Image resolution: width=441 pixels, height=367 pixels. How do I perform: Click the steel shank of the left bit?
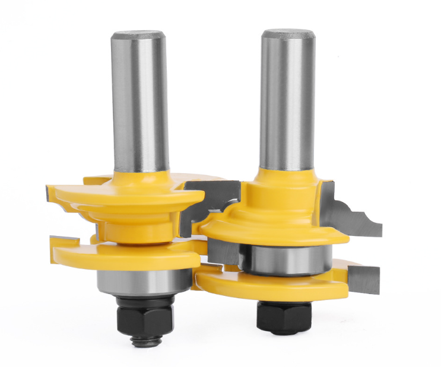(x=140, y=101)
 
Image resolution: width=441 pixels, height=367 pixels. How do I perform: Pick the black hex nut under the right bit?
(x=284, y=314)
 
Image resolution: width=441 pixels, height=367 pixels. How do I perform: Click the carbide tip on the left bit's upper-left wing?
(x=50, y=192)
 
